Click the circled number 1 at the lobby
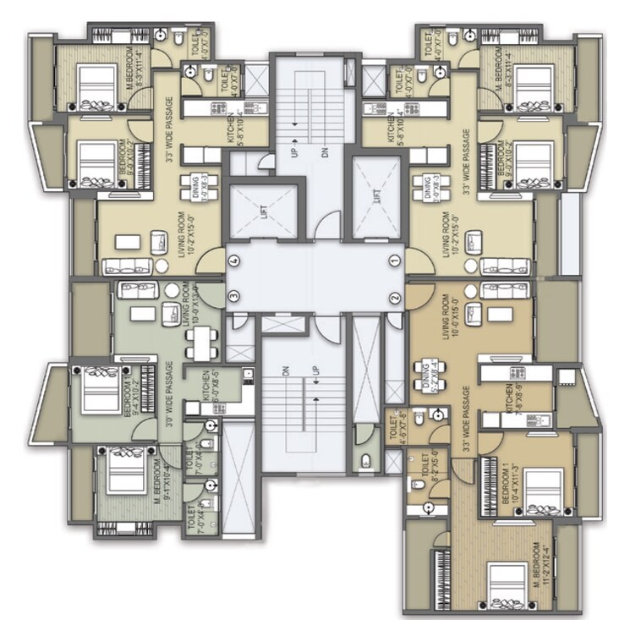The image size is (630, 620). click(x=394, y=259)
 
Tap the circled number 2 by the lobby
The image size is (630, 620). click(x=394, y=298)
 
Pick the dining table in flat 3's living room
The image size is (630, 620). click(x=200, y=342)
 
